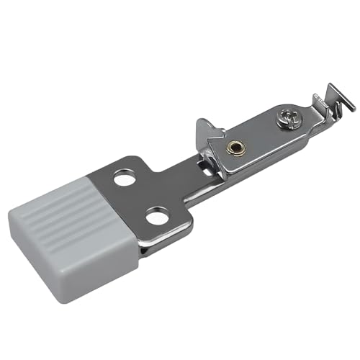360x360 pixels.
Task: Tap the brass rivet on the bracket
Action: coord(233,148)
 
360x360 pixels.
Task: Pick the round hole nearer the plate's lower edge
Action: coord(158,215)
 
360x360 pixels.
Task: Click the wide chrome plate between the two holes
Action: coord(148,194)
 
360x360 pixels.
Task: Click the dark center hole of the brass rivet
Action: coord(233,148)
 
